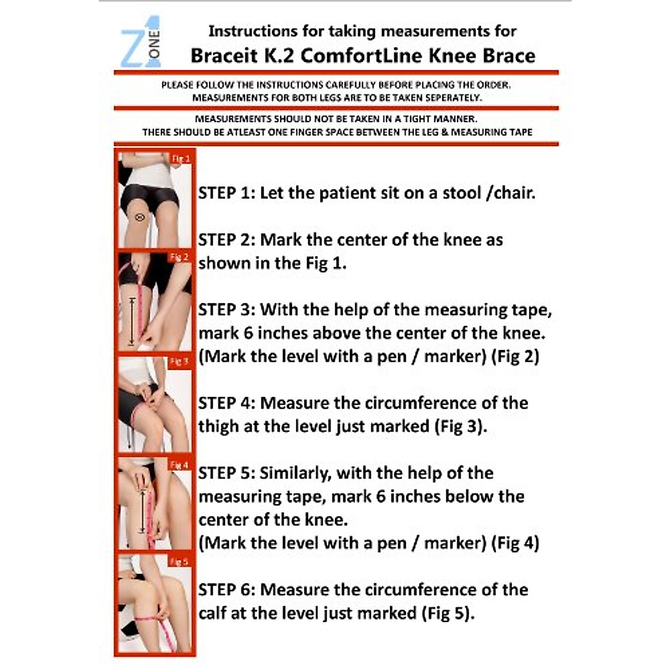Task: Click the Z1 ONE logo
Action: tap(141, 42)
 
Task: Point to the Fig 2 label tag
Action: tap(179, 257)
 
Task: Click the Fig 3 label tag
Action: tap(179, 362)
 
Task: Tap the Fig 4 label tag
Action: tap(179, 465)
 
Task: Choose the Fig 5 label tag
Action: tap(179, 562)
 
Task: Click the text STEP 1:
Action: tap(226, 193)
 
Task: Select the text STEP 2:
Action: tap(226, 240)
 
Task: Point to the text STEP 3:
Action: tap(226, 310)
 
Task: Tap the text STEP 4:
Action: tap(226, 403)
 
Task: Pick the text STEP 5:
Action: tap(226, 473)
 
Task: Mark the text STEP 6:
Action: tap(226, 590)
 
